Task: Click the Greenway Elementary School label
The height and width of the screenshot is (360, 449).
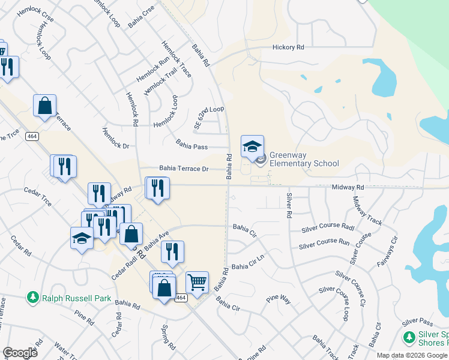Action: point(304,159)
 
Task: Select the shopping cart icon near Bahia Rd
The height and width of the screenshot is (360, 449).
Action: point(197,281)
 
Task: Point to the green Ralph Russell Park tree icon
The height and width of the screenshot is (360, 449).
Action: point(32,297)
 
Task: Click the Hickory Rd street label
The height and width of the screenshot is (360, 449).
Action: point(288,47)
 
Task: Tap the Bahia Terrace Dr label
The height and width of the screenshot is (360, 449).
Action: point(184,169)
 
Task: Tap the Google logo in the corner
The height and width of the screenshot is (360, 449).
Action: point(20,353)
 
